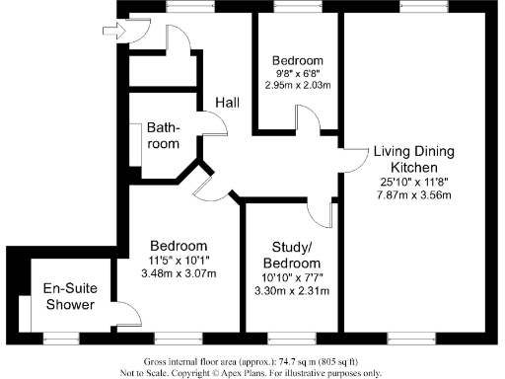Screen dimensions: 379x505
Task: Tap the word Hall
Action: pos(230,103)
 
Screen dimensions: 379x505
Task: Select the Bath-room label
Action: pos(164,136)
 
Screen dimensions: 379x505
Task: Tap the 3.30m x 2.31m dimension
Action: pos(293,292)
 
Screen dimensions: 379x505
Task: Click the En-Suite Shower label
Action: pos(68,296)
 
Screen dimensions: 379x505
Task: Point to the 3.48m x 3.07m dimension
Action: pos(179,273)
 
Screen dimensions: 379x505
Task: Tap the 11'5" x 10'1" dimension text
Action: pos(179,261)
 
